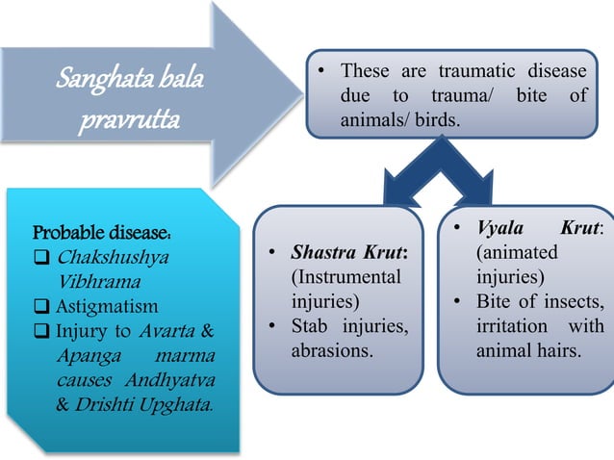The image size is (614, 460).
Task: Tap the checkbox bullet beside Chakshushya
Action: pyautogui.click(x=40, y=259)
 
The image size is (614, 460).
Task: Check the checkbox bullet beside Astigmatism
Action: pyautogui.click(x=40, y=307)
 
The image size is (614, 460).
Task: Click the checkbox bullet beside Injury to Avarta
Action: pyautogui.click(x=40, y=332)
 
